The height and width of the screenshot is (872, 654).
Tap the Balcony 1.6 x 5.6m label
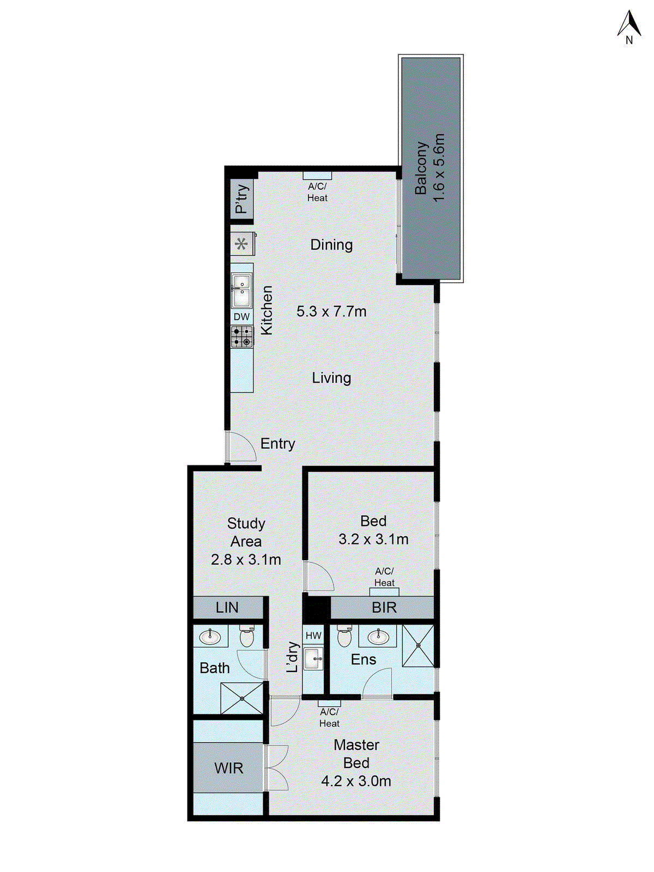[430, 168]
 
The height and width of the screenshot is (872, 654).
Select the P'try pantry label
[241, 199]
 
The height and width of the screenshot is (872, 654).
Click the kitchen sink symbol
[241, 290]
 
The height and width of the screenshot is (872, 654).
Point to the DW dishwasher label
[241, 317]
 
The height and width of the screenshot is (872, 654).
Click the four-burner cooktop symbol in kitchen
[241, 336]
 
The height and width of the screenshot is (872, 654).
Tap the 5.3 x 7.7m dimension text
[331, 312]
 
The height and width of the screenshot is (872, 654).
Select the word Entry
[277, 444]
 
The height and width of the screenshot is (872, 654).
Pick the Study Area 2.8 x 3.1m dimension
[246, 560]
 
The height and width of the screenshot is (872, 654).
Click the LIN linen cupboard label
[227, 608]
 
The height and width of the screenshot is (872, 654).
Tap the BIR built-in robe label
[384, 608]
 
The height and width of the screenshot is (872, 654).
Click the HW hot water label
[313, 635]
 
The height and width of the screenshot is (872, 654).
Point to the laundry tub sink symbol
[313, 658]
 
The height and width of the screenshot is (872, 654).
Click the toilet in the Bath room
[247, 635]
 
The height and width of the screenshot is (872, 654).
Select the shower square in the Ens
[419, 646]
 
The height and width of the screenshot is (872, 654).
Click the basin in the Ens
[378, 636]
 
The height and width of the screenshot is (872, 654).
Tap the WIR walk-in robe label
[228, 768]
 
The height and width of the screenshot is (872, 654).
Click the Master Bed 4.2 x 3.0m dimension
[356, 782]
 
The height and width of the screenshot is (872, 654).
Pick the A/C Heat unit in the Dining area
[317, 175]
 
